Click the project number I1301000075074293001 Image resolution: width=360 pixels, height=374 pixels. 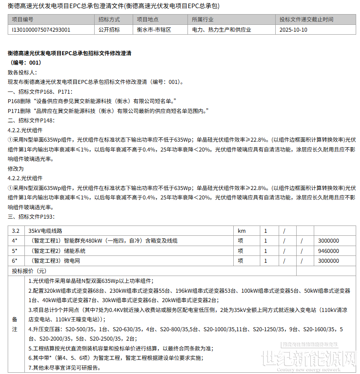(x=42, y=30)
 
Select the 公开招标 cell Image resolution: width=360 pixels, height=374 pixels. (x=109, y=30)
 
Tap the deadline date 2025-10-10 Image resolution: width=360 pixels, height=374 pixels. (x=293, y=30)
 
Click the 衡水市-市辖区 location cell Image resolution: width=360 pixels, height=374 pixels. (x=154, y=30)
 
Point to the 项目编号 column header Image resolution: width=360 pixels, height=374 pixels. (x=23, y=20)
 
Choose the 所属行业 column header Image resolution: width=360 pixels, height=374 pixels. (x=203, y=20)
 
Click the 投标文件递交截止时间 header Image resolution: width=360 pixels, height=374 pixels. (x=306, y=20)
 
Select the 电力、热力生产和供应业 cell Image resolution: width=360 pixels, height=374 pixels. (x=222, y=30)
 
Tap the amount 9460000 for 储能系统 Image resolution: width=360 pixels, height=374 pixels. (x=328, y=251)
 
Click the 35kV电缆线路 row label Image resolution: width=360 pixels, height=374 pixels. (x=45, y=231)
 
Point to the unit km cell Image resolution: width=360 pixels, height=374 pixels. (x=242, y=231)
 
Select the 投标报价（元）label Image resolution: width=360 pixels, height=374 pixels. (x=29, y=271)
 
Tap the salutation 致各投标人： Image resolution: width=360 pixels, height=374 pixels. (x=23, y=72)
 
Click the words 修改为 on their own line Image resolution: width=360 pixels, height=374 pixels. (x=16, y=169)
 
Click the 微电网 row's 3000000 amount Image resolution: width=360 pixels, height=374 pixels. (x=328, y=261)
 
